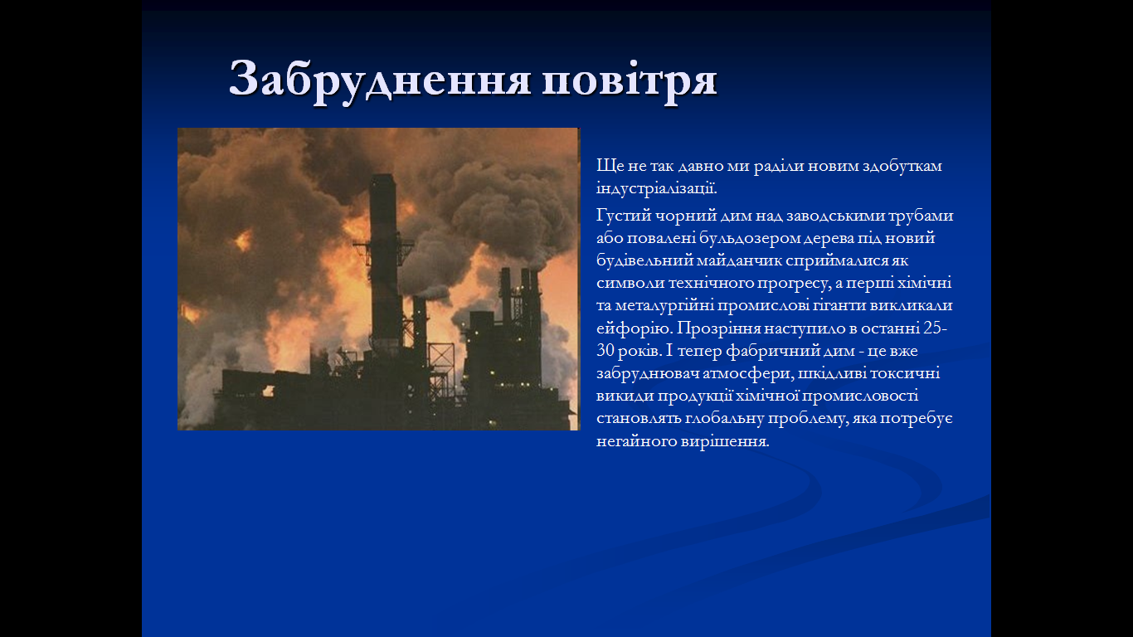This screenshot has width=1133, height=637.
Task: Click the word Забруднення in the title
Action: [380, 80]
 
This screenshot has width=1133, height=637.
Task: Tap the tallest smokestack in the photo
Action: [384, 263]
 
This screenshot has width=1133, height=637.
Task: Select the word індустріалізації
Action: [657, 188]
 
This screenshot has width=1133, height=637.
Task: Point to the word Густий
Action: [623, 216]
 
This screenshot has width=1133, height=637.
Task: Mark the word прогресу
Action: [794, 284]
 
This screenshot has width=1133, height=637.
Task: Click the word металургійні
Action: [664, 305]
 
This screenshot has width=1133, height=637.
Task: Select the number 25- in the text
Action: [936, 328]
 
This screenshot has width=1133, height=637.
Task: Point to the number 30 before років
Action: [605, 350]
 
